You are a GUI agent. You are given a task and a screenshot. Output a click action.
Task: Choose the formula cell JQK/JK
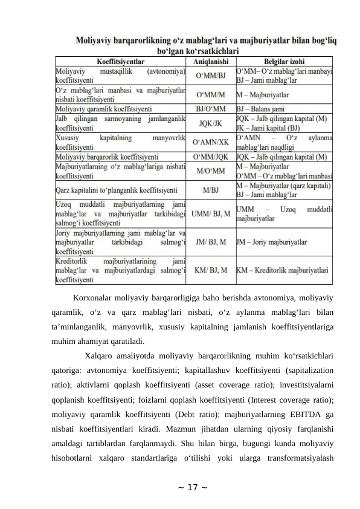(211, 123)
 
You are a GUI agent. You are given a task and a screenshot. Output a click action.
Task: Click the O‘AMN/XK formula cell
(211, 142)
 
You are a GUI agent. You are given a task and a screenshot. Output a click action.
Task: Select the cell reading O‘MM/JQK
(211, 157)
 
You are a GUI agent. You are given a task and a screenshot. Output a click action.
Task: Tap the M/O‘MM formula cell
(211, 170)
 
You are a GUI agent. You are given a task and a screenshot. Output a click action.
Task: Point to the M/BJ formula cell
(211, 189)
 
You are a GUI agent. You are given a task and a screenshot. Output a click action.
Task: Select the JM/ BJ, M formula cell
(211, 242)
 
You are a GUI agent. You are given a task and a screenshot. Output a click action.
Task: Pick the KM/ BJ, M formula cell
(211, 270)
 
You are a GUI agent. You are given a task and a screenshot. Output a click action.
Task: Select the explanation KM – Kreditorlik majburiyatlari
(282, 270)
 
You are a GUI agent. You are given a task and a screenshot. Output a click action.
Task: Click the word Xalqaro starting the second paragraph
(101, 355)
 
